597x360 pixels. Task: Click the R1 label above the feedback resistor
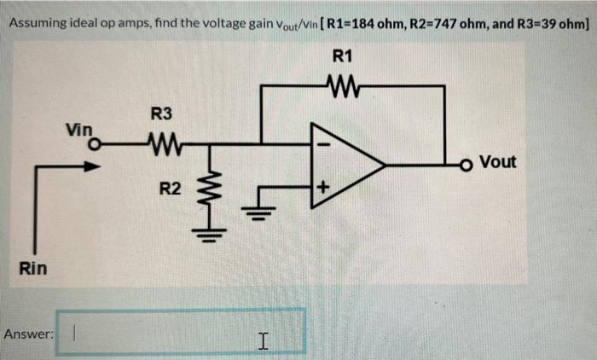click(343, 58)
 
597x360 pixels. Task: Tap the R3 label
click(161, 113)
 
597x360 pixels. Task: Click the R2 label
click(171, 188)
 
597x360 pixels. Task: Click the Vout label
click(498, 161)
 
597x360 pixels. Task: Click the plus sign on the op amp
click(322, 185)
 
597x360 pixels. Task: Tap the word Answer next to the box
click(28, 334)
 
